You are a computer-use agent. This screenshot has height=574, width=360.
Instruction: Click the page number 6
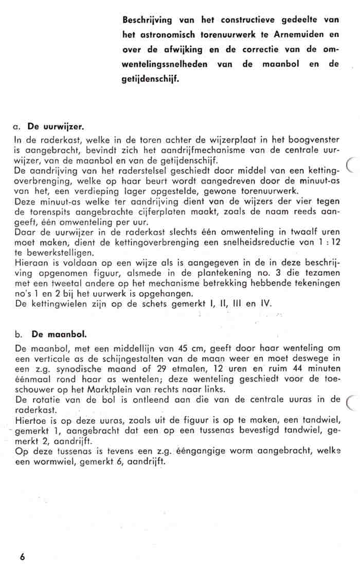(23, 557)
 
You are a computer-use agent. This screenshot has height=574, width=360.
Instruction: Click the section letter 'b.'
(19, 334)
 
